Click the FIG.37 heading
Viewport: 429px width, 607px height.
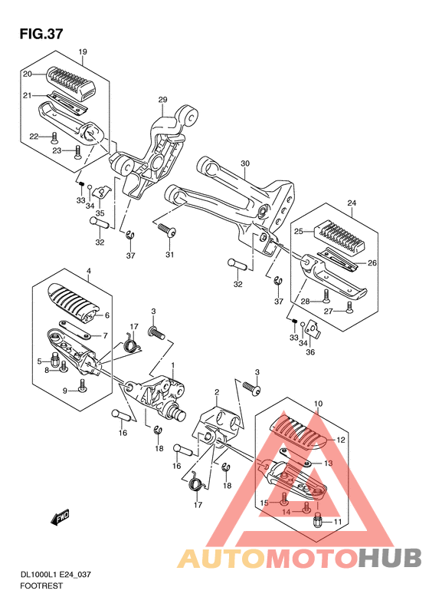[41, 34]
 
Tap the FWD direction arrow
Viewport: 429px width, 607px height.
[60, 516]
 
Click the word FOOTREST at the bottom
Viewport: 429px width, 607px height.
[41, 586]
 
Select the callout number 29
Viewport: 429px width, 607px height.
[162, 100]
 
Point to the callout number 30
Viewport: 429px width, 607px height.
[245, 163]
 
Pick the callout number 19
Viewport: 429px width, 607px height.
[83, 51]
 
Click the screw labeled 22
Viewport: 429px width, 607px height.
[54, 138]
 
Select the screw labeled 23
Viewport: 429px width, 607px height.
[77, 152]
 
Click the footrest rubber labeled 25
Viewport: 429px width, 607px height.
[341, 234]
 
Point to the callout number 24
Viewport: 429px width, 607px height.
[352, 203]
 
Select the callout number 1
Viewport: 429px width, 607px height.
[173, 365]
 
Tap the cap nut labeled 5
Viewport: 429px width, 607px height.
[54, 361]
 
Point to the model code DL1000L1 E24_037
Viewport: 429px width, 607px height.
[55, 575]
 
